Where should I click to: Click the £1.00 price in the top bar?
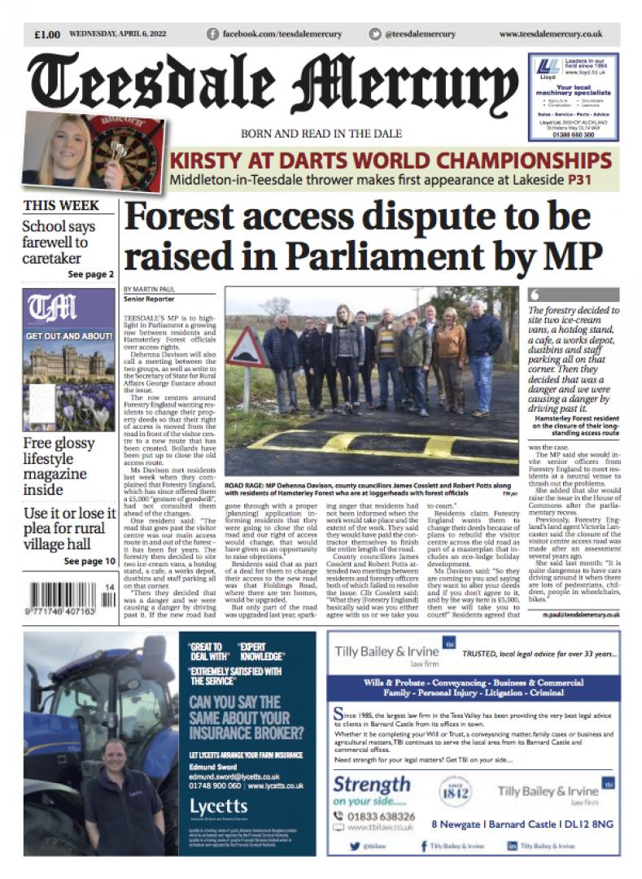click(47, 34)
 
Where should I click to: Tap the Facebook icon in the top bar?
click(213, 34)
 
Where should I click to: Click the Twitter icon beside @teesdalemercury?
click(374, 34)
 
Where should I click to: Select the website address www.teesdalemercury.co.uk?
click(550, 34)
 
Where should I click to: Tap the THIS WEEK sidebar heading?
click(61, 205)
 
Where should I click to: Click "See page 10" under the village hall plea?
click(91, 539)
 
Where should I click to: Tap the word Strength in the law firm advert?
click(372, 785)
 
